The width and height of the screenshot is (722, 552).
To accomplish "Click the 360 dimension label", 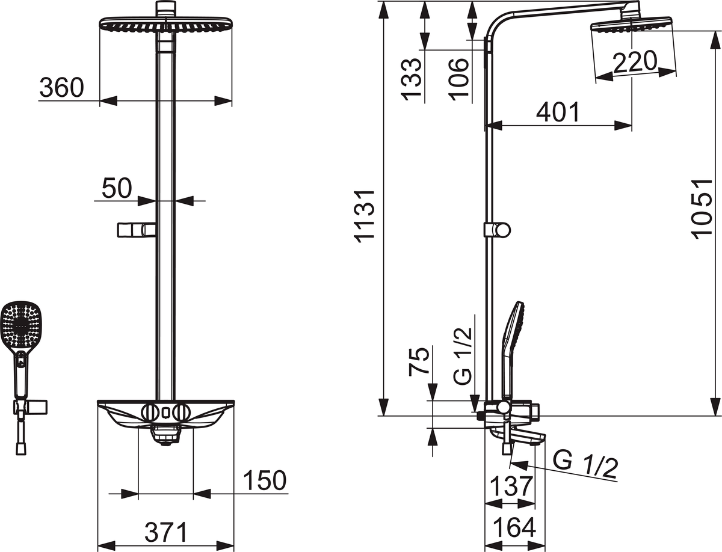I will (61, 88).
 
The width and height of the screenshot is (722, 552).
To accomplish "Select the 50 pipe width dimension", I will (116, 188).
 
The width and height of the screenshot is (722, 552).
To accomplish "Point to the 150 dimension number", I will (264, 481).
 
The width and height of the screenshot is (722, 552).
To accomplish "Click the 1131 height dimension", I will (365, 215).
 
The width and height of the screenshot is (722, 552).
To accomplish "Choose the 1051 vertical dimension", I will (702, 209).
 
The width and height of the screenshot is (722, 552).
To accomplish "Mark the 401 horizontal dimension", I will (558, 112).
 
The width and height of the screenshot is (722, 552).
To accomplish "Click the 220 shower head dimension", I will (634, 62).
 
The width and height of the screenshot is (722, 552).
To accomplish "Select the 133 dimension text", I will (413, 80).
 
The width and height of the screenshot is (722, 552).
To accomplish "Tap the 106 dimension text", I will (459, 80).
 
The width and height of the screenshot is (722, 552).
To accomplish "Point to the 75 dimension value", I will (420, 361).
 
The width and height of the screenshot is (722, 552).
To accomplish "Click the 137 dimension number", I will (510, 485).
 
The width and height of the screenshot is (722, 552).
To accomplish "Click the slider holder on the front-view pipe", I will (137, 230).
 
